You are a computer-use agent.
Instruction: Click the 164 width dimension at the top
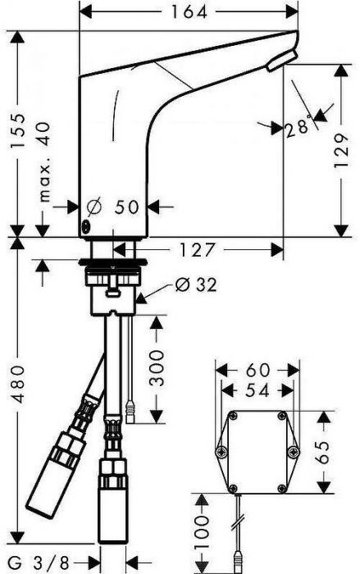click(x=189, y=11)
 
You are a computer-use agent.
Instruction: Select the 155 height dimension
click(x=17, y=130)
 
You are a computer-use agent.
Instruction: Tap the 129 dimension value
click(x=340, y=150)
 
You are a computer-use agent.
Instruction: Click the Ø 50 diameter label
click(x=113, y=207)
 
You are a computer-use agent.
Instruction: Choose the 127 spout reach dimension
click(x=196, y=250)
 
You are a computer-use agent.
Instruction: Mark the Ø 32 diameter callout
click(x=196, y=285)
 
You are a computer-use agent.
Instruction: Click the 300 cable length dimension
click(x=157, y=368)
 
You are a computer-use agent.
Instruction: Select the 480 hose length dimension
click(x=17, y=384)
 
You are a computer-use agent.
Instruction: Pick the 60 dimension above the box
click(x=257, y=370)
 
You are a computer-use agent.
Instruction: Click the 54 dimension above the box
click(x=257, y=390)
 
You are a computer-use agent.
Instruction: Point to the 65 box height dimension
click(x=322, y=452)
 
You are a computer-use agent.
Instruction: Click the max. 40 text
click(x=44, y=162)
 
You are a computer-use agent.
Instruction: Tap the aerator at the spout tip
click(x=281, y=61)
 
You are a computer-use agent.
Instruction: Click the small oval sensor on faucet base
click(x=86, y=226)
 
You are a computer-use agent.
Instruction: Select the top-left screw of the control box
click(x=233, y=415)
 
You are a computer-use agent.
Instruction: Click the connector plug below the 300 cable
click(x=130, y=412)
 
